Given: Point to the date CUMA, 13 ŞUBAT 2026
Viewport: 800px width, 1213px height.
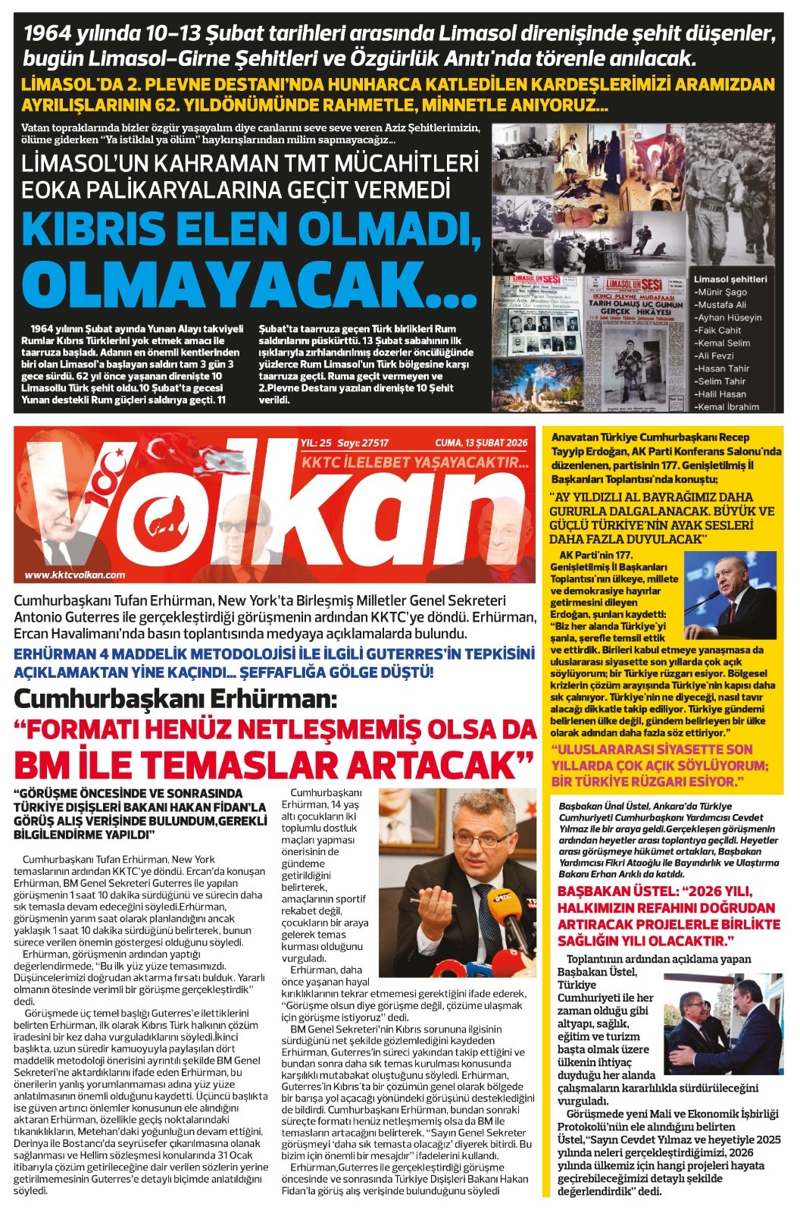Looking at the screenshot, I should point(481,444).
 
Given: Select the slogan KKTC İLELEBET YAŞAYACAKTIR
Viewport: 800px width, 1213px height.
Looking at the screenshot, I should point(414,462).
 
